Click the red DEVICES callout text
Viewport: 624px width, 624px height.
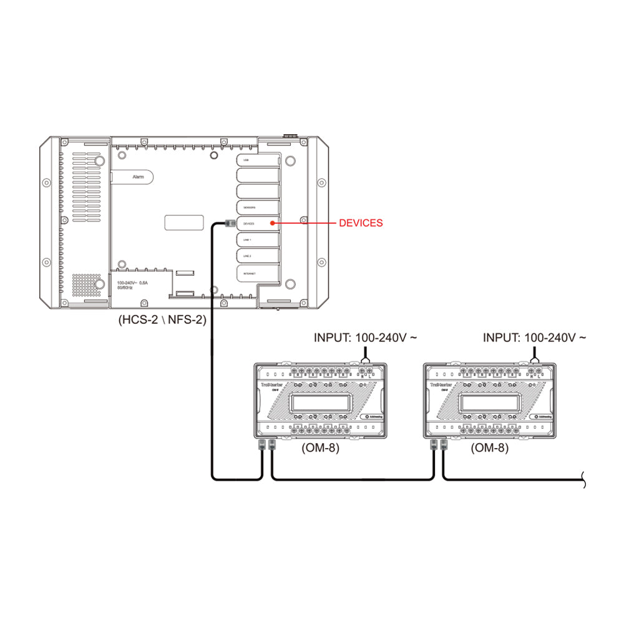[361, 223]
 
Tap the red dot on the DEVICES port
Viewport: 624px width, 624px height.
[271, 223]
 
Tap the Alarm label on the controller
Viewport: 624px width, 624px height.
[139, 177]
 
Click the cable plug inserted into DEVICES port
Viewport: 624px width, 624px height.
[228, 223]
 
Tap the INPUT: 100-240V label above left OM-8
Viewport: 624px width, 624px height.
[365, 338]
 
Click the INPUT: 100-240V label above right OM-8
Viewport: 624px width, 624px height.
[535, 338]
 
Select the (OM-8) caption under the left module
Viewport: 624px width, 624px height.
[319, 448]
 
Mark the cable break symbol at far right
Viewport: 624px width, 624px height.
[583, 480]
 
